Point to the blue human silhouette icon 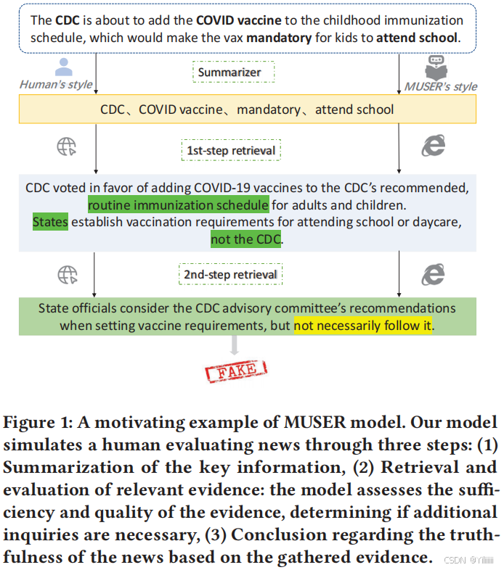point(64,67)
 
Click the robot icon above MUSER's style point(436,66)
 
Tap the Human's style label point(56,85)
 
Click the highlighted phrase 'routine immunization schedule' point(178,205)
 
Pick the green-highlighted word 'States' point(50,222)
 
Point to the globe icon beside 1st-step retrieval point(67,146)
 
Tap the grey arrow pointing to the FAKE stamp point(234,346)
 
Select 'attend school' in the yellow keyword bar point(356,110)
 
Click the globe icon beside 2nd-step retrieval point(67,273)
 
